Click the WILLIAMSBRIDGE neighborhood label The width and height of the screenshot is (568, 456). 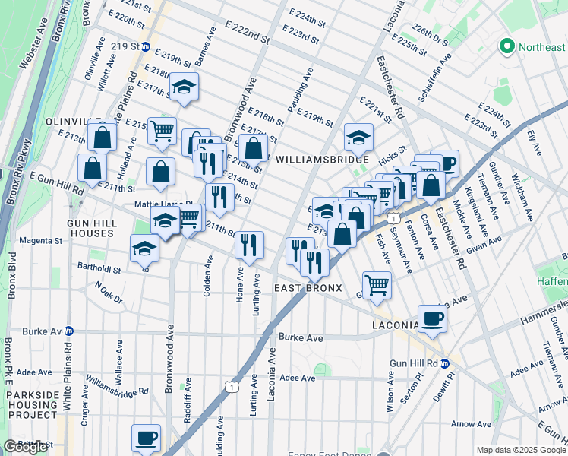pyautogui.click(x=322, y=160)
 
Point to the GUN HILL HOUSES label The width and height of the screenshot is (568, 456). pyautogui.click(x=92, y=226)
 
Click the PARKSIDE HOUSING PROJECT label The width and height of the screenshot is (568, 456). pyautogui.click(x=32, y=405)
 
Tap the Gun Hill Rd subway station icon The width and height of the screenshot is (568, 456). pyautogui.click(x=447, y=363)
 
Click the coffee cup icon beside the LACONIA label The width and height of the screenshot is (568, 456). pyautogui.click(x=432, y=318)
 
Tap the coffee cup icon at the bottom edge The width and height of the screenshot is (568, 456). pyautogui.click(x=146, y=438)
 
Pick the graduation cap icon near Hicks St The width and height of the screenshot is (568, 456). pyautogui.click(x=358, y=138)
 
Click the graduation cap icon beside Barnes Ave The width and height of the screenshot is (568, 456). pyautogui.click(x=183, y=88)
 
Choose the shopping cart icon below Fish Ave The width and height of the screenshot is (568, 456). pyautogui.click(x=377, y=285)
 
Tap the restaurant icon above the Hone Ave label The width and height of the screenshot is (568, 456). pyautogui.click(x=249, y=245)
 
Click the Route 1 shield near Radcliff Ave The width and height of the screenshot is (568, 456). pyautogui.click(x=229, y=388)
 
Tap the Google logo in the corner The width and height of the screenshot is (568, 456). pyautogui.click(x=25, y=447)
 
